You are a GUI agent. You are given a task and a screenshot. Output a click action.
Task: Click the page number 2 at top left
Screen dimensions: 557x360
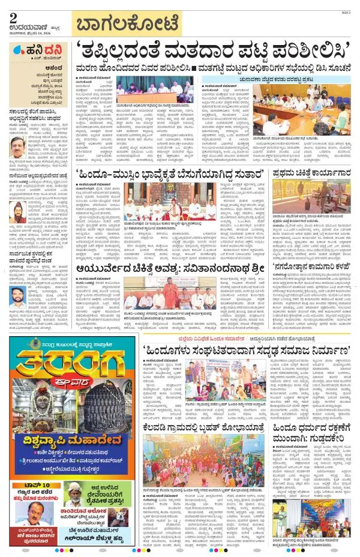pyautogui.click(x=13, y=16)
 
